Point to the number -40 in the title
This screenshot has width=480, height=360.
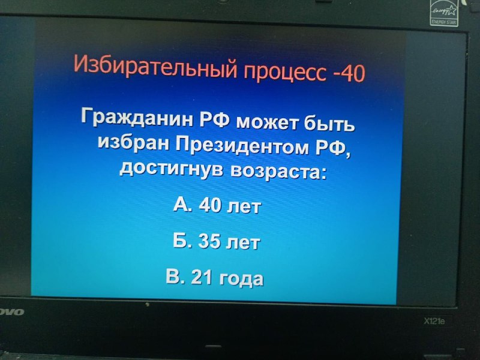tap(349, 73)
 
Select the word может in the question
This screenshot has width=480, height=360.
tap(266, 122)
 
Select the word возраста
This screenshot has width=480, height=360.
tap(277, 172)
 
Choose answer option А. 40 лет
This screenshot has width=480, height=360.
tap(217, 205)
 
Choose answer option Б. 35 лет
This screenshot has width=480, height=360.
tap(217, 242)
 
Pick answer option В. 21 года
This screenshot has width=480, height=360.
tap(214, 278)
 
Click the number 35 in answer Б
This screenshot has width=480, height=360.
tap(209, 241)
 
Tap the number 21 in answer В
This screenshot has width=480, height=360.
tap(202, 277)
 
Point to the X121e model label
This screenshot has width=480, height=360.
tap(434, 321)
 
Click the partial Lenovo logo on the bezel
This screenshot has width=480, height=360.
tap(11, 312)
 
